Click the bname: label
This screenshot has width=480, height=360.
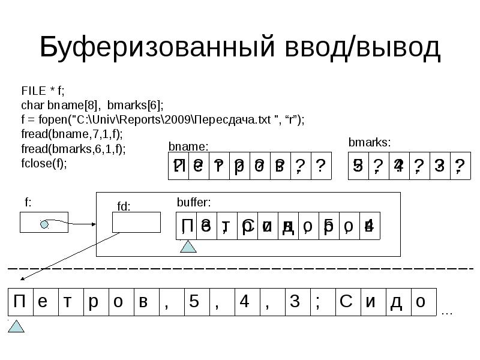(188, 146)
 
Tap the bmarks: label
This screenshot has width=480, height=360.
(370, 143)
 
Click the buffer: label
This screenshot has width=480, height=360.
(194, 203)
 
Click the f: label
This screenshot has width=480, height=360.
(28, 202)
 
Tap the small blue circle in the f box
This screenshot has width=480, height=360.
(44, 224)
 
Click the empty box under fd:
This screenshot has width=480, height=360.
(137, 222)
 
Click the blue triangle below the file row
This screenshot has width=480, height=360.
(18, 326)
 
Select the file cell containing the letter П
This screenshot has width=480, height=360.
(20, 302)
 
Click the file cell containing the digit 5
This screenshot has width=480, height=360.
(194, 302)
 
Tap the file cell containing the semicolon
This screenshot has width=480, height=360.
(320, 302)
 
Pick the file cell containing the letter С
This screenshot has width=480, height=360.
(346, 302)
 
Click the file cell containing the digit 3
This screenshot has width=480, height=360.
(295, 302)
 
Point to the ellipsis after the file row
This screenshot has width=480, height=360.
(447, 313)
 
